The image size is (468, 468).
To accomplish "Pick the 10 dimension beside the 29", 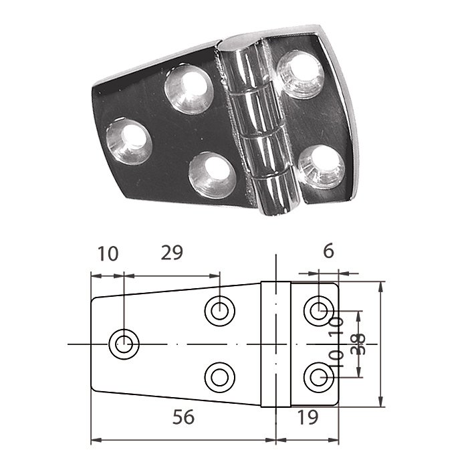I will tap(107, 253).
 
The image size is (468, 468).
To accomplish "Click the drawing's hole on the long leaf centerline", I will tap(124, 344).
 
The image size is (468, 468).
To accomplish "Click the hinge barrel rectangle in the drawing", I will tap(274, 344).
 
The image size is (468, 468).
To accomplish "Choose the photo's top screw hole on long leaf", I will tap(189, 88).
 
